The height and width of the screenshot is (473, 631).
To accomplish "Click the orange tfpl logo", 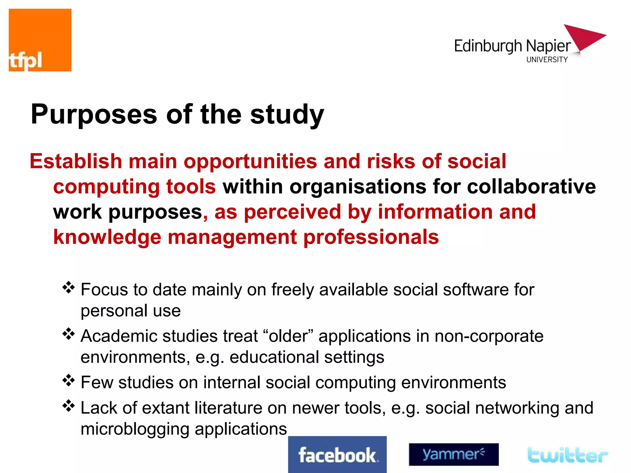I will point(40,40).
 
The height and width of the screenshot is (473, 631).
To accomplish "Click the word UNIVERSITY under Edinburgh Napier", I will point(547,59).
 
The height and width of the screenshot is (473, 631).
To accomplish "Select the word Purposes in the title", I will point(94,115).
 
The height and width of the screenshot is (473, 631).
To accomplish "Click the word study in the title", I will point(287,115).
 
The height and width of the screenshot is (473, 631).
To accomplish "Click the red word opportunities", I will point(250,162).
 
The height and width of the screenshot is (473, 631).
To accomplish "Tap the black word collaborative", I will point(531,187).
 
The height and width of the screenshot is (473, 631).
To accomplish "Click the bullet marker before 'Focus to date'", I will point(68,288).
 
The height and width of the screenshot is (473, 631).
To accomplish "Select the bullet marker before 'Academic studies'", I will point(68,334).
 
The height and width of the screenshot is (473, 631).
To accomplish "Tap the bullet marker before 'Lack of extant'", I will point(68,406).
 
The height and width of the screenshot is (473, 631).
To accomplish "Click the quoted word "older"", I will point(288,336).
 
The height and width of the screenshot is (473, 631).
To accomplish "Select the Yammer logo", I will point(454,454).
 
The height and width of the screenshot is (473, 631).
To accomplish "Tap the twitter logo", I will point(568,455).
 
